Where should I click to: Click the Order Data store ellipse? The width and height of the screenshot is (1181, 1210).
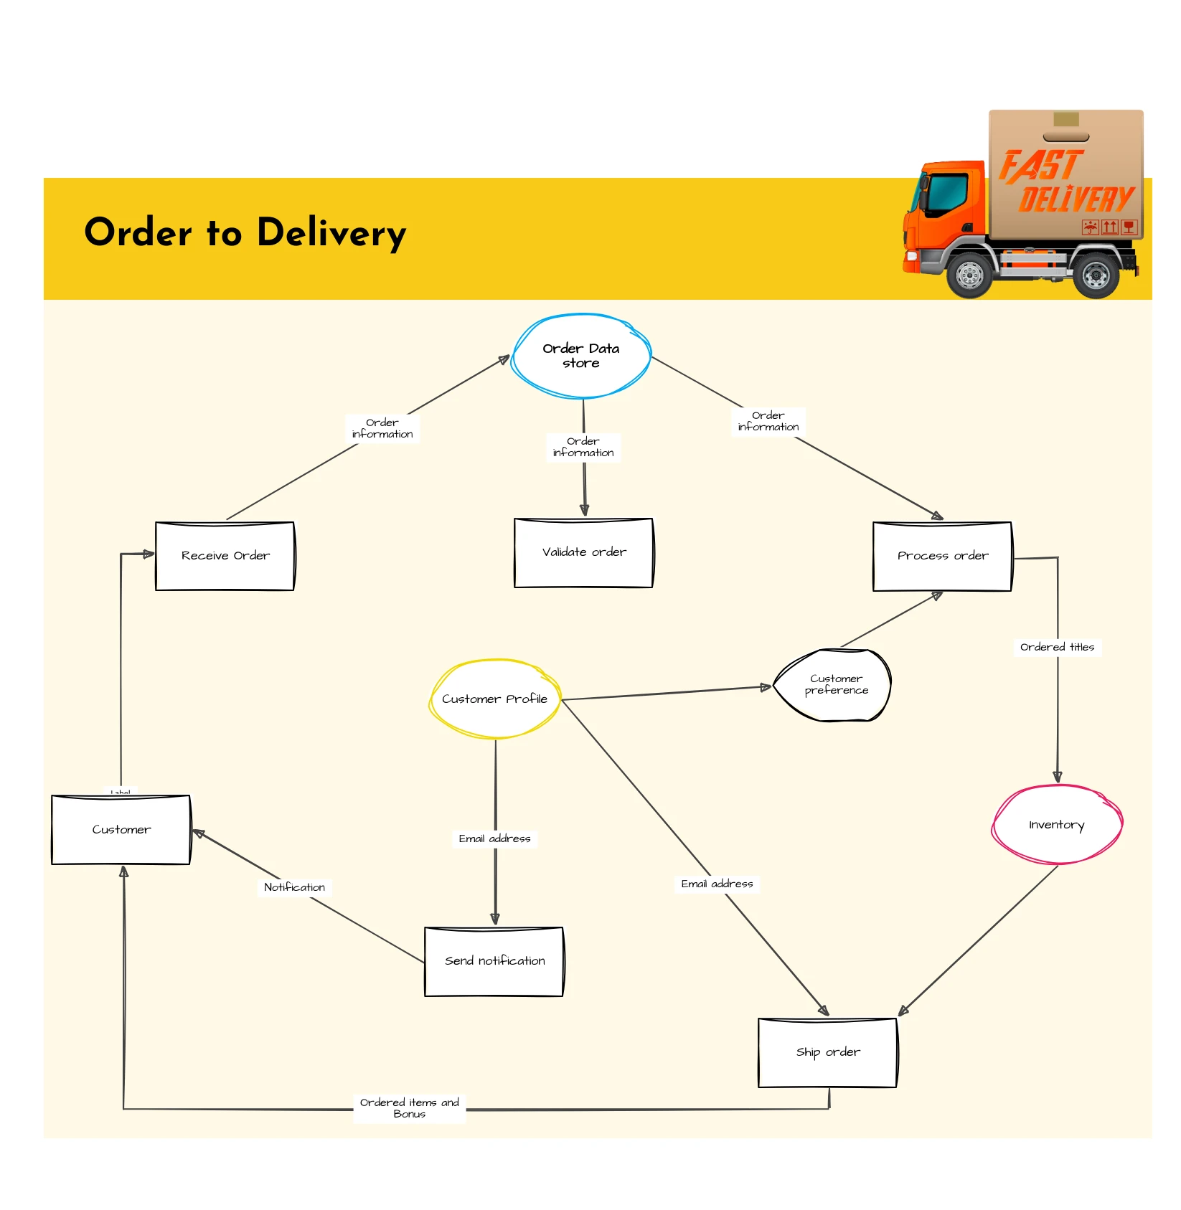tap(581, 356)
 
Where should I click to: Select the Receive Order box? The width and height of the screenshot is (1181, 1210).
tap(225, 556)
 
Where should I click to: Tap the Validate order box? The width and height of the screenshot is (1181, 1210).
tap(583, 552)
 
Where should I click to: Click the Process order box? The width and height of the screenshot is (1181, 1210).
tap(942, 556)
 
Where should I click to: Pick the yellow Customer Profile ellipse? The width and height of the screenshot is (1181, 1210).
tap(494, 699)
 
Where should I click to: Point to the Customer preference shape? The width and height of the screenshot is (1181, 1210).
tap(834, 685)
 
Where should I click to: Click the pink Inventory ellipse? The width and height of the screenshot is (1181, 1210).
tap(1056, 825)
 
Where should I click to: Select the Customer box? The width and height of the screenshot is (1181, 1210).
tap(121, 829)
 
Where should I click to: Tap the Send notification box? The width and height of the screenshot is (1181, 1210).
tap(494, 961)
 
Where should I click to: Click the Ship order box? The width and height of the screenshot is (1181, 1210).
tap(827, 1052)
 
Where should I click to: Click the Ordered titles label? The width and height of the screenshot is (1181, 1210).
tap(1057, 647)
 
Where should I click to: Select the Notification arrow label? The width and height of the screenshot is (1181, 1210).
tap(294, 887)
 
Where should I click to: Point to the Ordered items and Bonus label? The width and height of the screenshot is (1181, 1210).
tap(409, 1108)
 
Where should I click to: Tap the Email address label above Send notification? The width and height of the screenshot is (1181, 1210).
tap(494, 838)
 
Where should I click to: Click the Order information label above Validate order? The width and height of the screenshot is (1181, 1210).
tap(583, 447)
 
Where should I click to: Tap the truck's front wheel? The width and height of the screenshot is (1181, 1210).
tap(970, 275)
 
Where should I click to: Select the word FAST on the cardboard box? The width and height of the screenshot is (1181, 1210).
tap(1040, 166)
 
